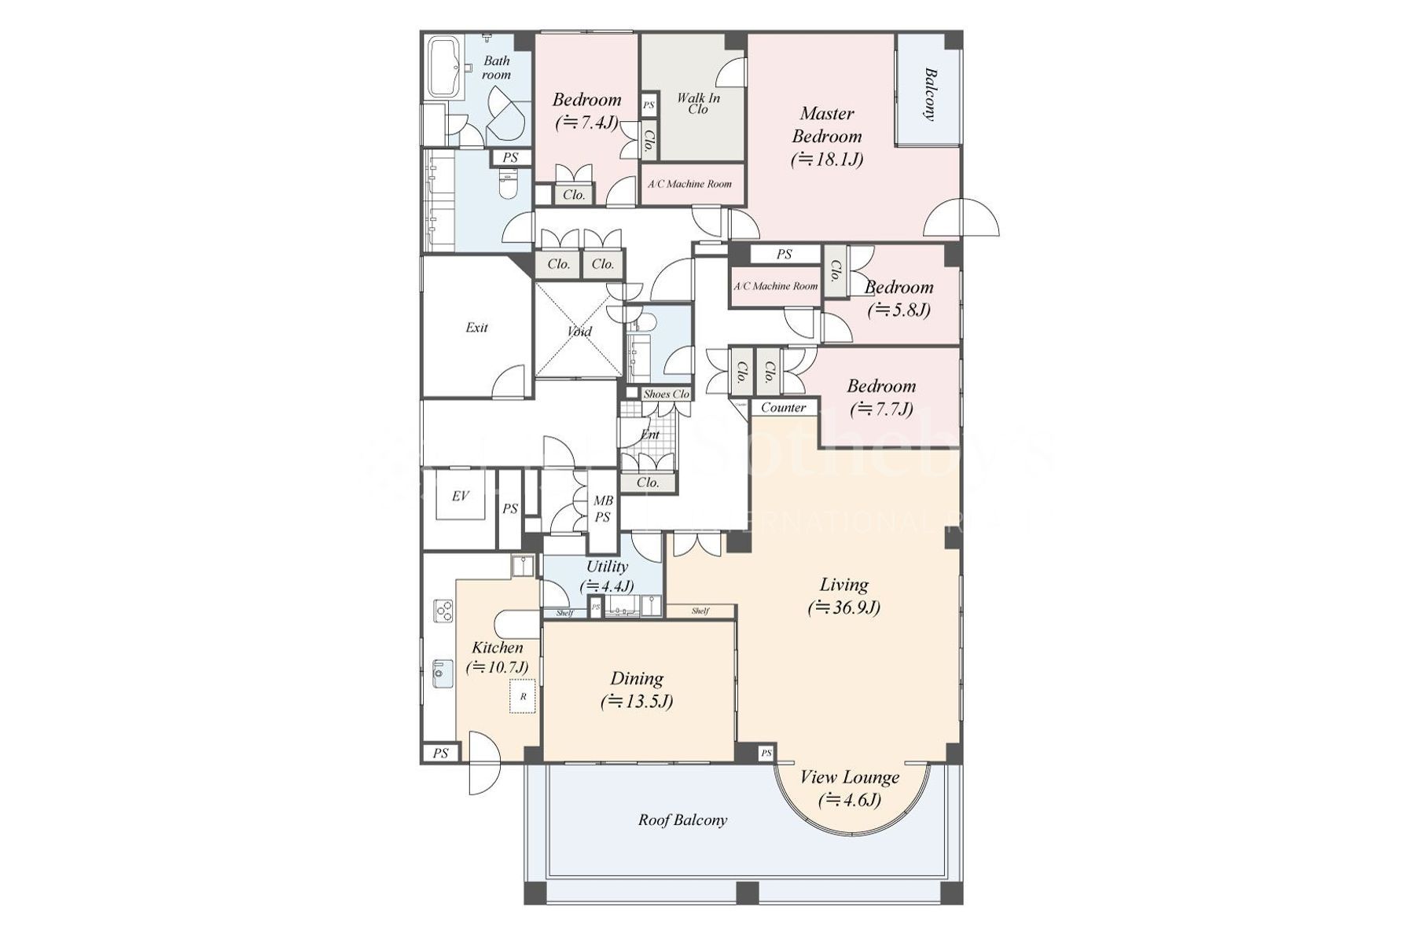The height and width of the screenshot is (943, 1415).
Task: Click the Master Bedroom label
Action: click(x=827, y=125)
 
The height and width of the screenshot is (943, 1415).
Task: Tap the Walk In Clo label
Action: click(x=698, y=103)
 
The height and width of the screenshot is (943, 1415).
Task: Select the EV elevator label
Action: click(x=460, y=496)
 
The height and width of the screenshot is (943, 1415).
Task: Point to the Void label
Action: click(x=579, y=332)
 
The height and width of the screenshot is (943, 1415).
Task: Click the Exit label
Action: click(x=476, y=328)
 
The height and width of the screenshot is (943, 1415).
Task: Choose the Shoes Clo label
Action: click(x=666, y=394)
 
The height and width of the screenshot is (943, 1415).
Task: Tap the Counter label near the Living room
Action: click(x=783, y=407)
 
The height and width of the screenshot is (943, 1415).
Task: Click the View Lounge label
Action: click(x=850, y=778)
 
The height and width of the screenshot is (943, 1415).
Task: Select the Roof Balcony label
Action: click(x=682, y=820)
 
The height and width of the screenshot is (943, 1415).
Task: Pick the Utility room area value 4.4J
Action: click(x=607, y=586)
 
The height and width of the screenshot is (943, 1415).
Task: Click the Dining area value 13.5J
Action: click(x=637, y=702)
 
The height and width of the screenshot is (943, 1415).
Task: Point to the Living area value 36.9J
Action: click(x=844, y=607)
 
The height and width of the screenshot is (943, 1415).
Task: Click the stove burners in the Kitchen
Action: click(x=443, y=611)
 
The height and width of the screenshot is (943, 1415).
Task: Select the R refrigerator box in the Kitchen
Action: click(x=523, y=697)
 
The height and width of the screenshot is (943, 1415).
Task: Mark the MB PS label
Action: click(x=603, y=508)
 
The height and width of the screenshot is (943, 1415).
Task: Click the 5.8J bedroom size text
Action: click(x=899, y=310)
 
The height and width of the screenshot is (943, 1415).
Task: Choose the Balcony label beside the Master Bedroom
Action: click(x=930, y=94)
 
